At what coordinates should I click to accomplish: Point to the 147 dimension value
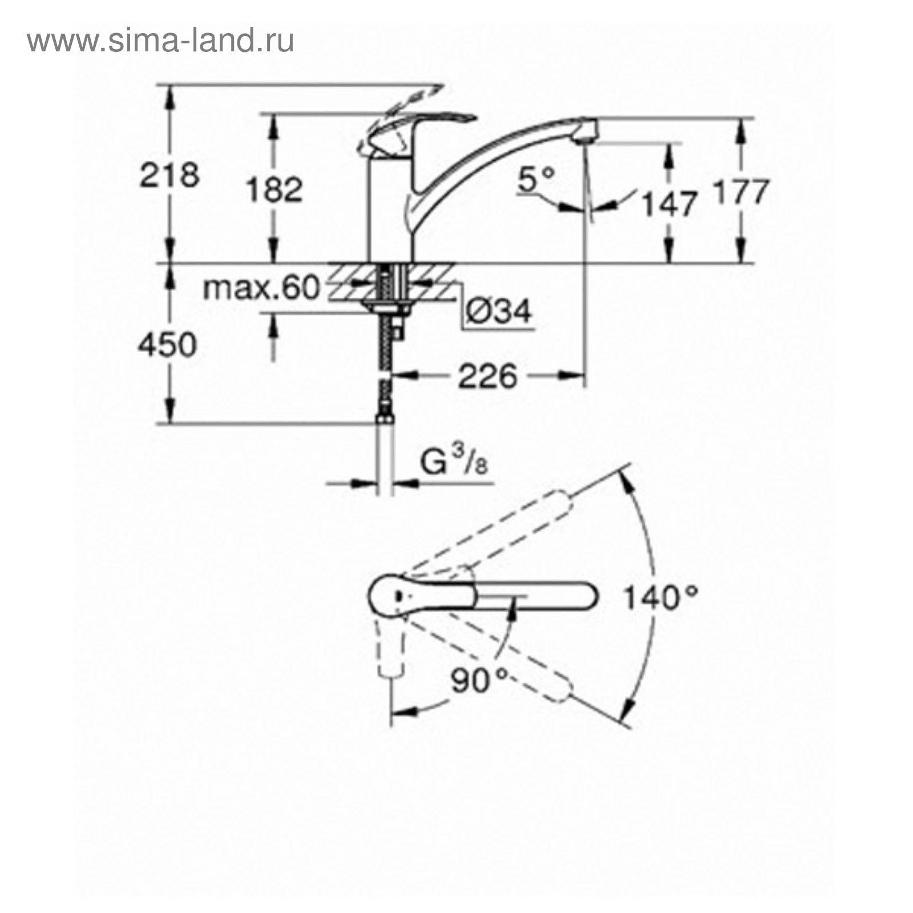(670, 204)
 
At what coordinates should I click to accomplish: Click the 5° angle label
(536, 181)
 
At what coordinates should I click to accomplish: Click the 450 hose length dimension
(168, 345)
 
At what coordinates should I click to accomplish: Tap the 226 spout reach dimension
(488, 377)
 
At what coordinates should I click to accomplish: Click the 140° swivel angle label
(660, 599)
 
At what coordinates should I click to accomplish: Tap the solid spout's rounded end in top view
(588, 597)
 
